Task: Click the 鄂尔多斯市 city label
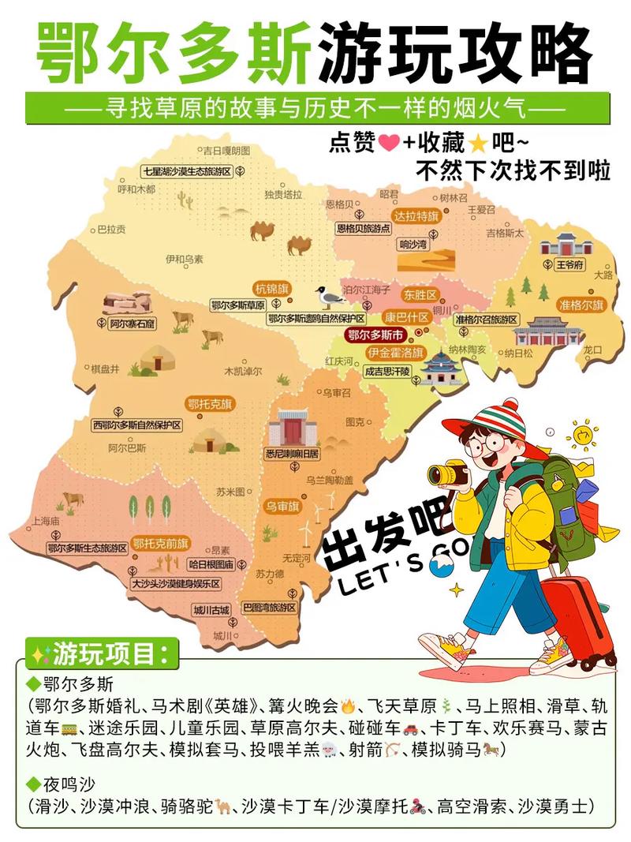(375, 334)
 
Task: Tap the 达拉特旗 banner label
(416, 215)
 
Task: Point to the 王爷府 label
(568, 265)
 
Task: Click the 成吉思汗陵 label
(387, 370)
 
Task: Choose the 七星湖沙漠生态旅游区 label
(187, 171)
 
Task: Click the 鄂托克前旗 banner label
(161, 543)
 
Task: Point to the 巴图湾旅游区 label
(270, 608)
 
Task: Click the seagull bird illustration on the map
(330, 297)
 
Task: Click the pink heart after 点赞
(388, 144)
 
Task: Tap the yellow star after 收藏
(477, 144)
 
